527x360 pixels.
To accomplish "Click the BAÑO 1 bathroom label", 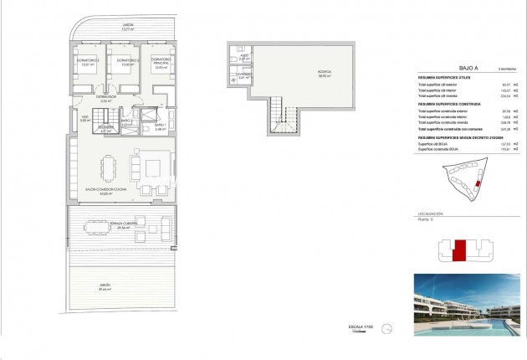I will pyautogui.click(x=161, y=126).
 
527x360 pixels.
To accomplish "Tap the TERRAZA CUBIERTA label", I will pyautogui.click(x=122, y=225).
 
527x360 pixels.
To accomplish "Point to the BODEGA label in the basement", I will pyautogui.click(x=322, y=73).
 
